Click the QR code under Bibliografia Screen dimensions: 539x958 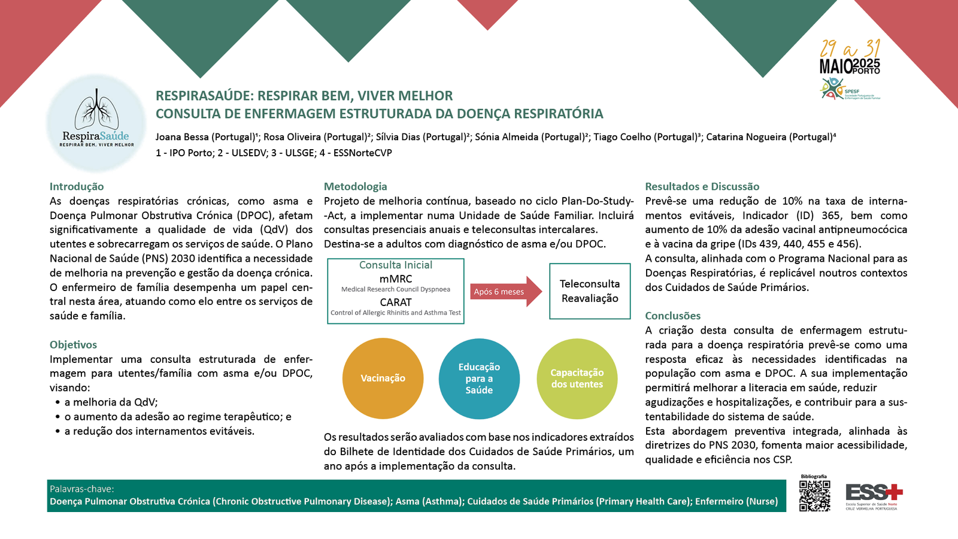click(x=814, y=496)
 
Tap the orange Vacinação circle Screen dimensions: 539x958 click(x=383, y=378)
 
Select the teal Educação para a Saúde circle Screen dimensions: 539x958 click(x=479, y=378)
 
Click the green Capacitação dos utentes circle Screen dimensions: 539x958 click(x=577, y=378)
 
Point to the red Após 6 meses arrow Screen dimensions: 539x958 click(x=505, y=292)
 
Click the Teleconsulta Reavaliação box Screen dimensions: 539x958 click(x=590, y=291)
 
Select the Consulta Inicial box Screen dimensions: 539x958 click(x=396, y=291)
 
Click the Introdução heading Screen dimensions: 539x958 click(x=77, y=187)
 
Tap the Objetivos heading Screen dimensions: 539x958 click(x=73, y=345)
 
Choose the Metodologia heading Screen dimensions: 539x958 click(x=356, y=187)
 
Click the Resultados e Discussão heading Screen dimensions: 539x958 click(x=702, y=187)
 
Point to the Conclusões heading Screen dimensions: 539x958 click(x=672, y=316)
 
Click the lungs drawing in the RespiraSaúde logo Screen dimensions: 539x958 click(x=96, y=110)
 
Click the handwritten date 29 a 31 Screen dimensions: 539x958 click(x=850, y=49)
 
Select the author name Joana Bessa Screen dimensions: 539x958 click(x=182, y=137)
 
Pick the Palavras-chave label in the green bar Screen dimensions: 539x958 click(x=82, y=489)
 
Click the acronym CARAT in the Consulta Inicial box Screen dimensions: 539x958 click(x=396, y=302)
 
